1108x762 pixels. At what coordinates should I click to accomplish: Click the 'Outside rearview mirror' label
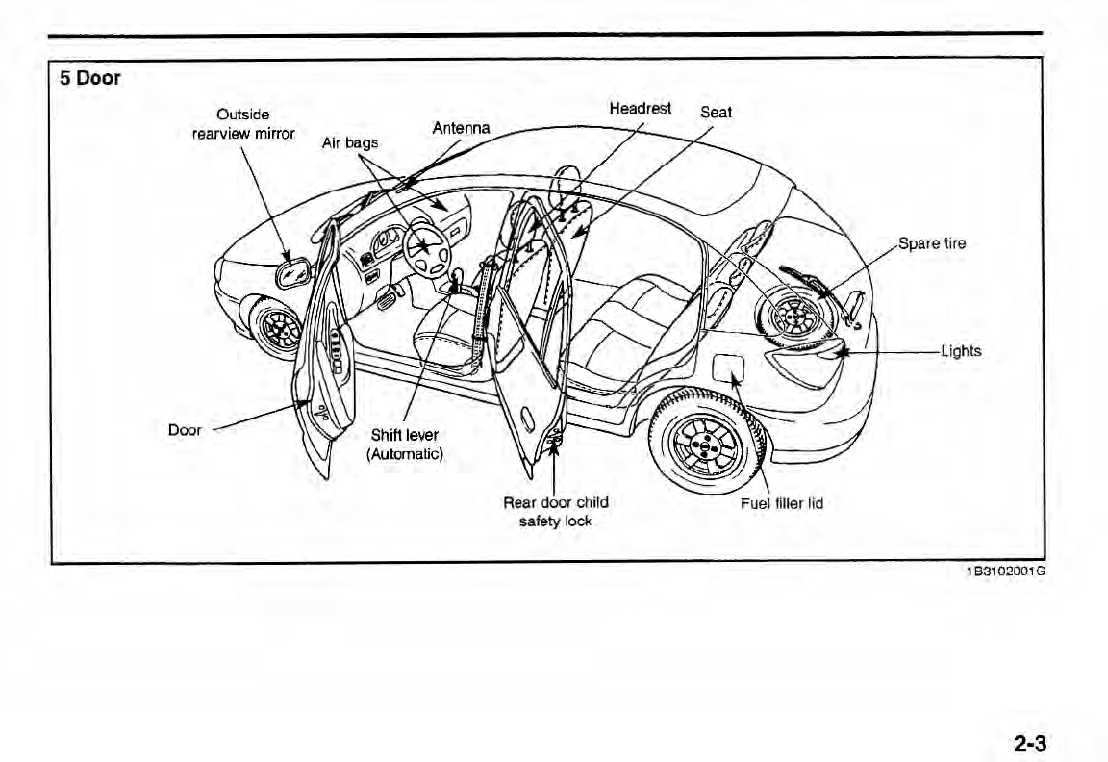[243, 124]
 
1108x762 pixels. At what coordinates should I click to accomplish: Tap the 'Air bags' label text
[349, 143]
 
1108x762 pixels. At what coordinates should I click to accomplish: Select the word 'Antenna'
[461, 128]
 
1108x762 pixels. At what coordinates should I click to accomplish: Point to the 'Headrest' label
[641, 109]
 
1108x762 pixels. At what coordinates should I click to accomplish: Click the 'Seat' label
[716, 112]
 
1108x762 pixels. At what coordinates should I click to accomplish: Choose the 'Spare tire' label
[931, 243]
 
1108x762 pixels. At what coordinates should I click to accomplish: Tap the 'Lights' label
[960, 351]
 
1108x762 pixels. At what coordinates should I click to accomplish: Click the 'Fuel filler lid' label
[781, 503]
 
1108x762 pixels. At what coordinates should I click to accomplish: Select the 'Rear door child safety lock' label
[556, 512]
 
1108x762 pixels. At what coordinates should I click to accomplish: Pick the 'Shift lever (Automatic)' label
[404, 444]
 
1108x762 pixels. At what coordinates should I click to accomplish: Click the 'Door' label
[185, 430]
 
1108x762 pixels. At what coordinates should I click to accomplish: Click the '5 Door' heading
[90, 79]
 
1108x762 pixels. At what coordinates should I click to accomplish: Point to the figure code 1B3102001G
[1005, 571]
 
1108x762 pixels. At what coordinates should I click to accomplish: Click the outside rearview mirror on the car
[290, 272]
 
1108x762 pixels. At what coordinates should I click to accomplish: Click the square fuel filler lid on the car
[727, 368]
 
